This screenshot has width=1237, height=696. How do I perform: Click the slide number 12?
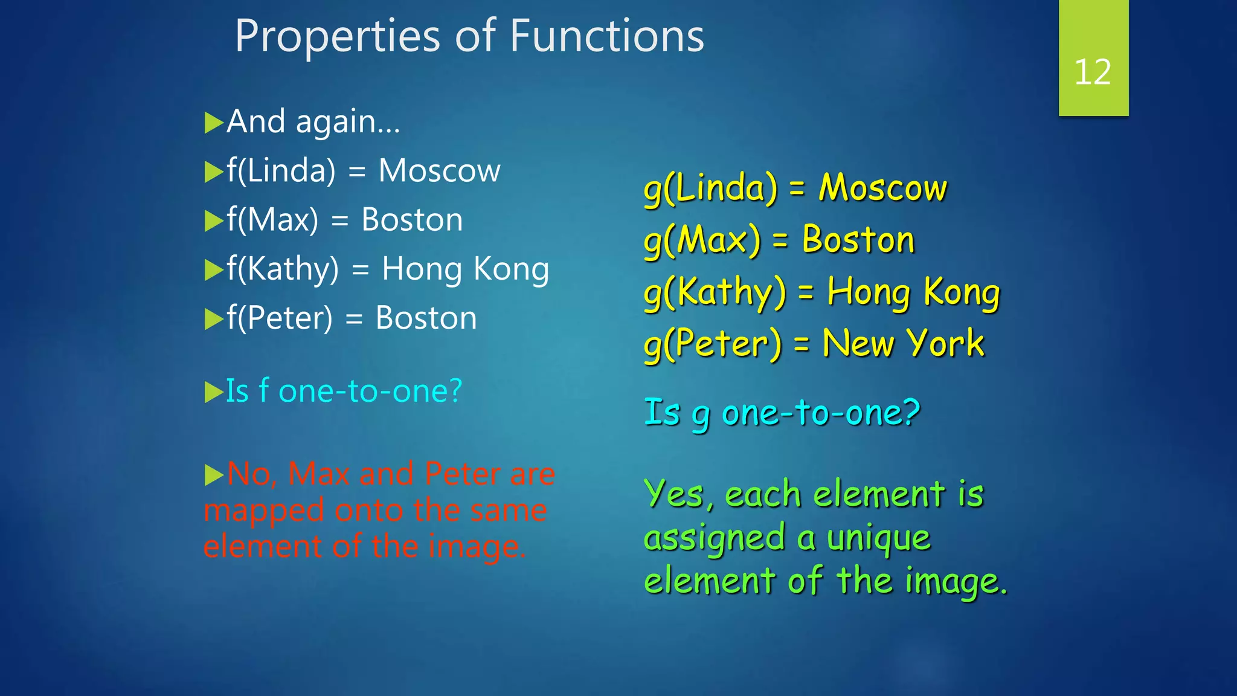coord(1092,72)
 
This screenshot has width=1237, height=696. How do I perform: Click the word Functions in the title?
coord(606,36)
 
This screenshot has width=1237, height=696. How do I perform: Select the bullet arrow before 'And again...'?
coord(214,123)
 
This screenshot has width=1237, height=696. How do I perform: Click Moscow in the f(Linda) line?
coord(439,171)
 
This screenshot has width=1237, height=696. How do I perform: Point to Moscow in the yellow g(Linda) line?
coord(882,188)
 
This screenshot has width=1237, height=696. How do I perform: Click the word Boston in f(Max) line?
coord(412,220)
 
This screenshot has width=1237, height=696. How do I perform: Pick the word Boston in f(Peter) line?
coord(426,318)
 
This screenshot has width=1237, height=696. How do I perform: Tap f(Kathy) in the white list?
coord(283,269)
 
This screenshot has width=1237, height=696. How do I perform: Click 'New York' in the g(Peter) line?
coord(903,344)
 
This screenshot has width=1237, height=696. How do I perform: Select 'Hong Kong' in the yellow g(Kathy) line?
coord(913,292)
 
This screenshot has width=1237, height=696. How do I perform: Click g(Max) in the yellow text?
coord(702,240)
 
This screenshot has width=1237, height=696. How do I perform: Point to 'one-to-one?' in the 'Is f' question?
coord(370,391)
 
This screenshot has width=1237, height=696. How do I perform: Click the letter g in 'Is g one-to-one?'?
coord(701,416)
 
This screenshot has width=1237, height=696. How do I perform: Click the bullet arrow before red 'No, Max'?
coord(214,475)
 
